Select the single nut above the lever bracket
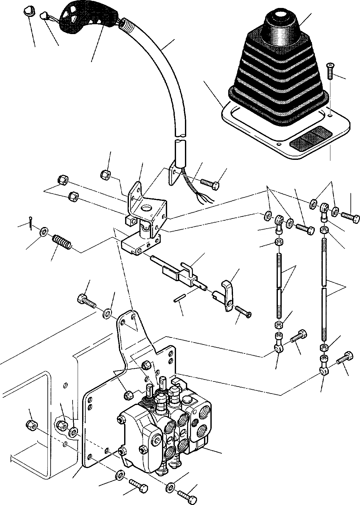(x=105, y=174)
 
